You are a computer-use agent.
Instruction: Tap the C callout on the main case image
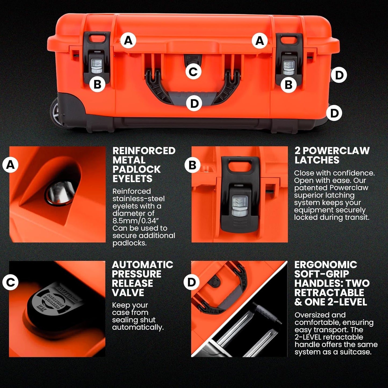tap(193, 72)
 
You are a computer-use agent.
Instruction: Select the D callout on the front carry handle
tap(194, 103)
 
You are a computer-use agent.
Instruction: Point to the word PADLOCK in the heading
tap(136, 169)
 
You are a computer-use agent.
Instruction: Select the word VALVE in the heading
tap(128, 293)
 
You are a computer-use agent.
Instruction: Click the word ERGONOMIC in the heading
tap(325, 265)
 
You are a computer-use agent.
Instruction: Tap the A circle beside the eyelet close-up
tap(10, 165)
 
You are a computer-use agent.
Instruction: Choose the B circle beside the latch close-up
tap(192, 165)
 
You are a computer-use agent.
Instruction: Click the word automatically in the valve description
tap(138, 327)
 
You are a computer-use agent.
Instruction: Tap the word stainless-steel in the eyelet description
tap(138, 199)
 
